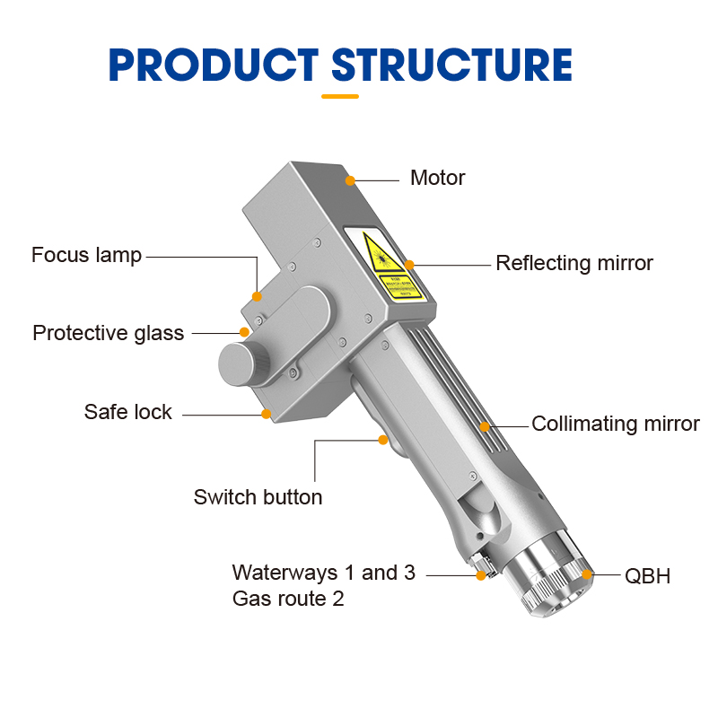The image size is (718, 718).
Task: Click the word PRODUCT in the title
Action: (x=212, y=65)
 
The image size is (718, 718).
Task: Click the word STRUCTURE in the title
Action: (x=451, y=65)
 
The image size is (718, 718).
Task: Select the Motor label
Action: (x=437, y=178)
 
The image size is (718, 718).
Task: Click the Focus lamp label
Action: (x=86, y=255)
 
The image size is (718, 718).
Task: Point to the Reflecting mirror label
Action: (x=574, y=263)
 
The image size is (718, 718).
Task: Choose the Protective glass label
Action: (x=108, y=333)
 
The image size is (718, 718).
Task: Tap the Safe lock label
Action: (x=127, y=412)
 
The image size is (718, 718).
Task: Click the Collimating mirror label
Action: (x=616, y=424)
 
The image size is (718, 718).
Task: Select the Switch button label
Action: (x=258, y=496)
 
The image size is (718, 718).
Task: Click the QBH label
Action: (x=647, y=575)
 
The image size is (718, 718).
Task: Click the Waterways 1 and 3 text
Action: (x=323, y=573)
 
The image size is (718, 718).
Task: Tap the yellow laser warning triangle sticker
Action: (x=381, y=253)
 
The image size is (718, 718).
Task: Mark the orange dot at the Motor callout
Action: (x=349, y=180)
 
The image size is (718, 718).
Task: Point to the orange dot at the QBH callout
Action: (x=588, y=574)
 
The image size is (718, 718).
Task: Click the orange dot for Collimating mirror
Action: (x=485, y=425)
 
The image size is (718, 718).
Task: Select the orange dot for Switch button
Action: (x=383, y=440)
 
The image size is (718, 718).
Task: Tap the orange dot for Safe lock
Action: (x=266, y=414)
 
